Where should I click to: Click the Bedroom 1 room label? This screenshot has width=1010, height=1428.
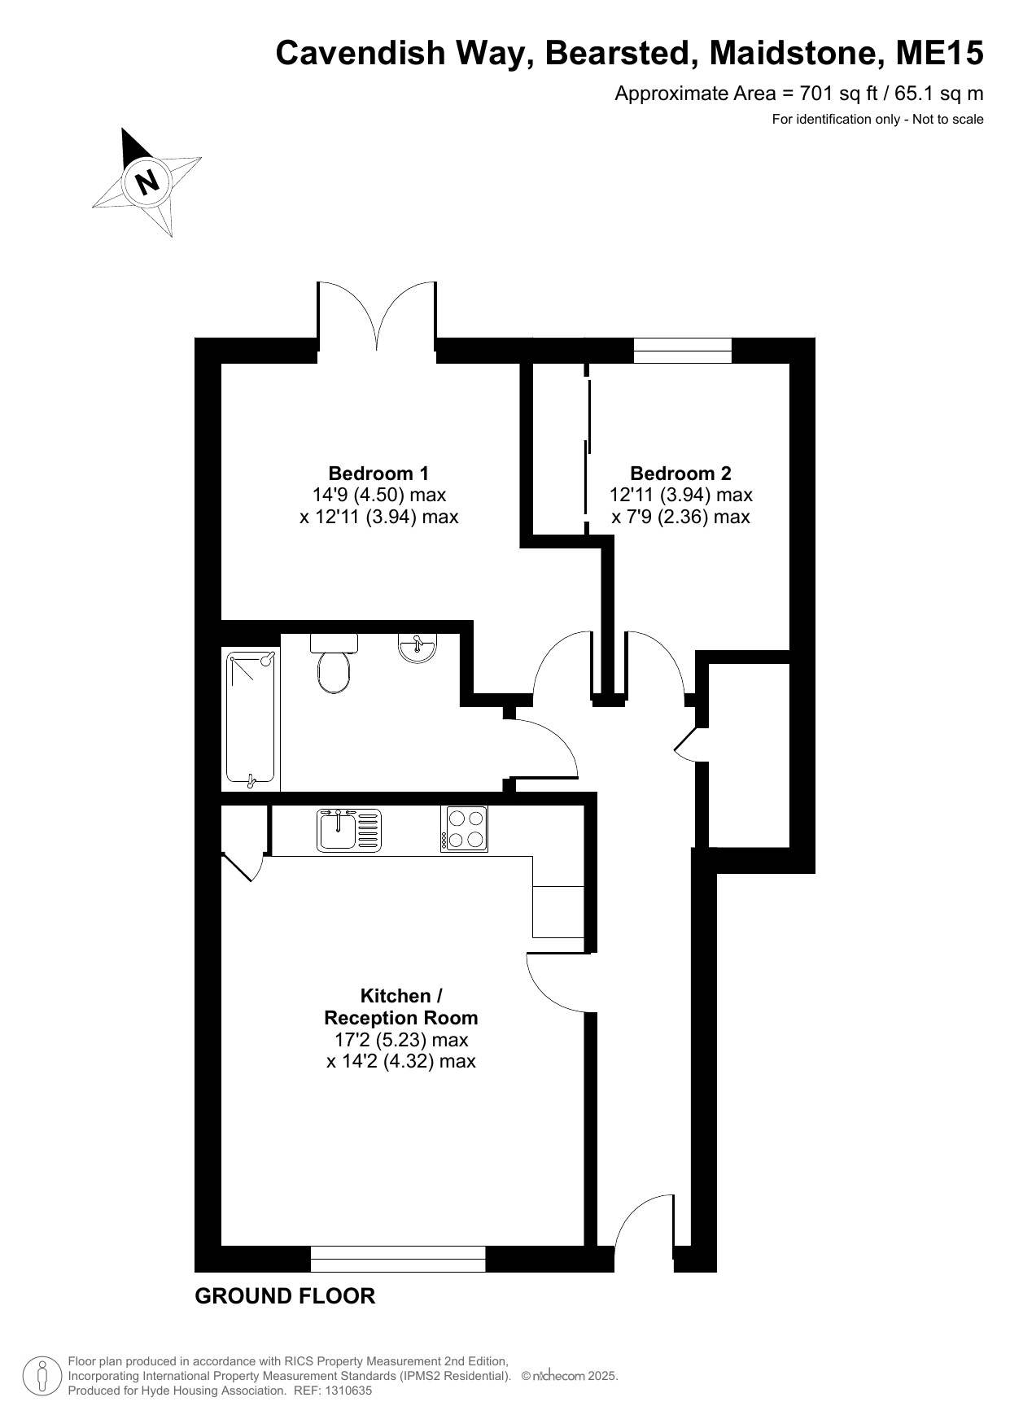[x=378, y=473]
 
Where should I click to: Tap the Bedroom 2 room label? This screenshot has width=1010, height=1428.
[x=680, y=473]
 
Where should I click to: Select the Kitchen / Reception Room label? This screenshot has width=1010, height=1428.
[x=401, y=1007]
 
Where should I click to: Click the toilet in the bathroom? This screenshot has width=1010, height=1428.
[x=334, y=663]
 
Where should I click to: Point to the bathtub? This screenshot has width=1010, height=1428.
[x=251, y=719]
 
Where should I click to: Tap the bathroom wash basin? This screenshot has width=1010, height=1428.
[x=418, y=648]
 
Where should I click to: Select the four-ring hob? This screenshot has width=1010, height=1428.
[x=465, y=829]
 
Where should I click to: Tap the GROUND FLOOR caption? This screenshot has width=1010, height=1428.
[x=285, y=1296]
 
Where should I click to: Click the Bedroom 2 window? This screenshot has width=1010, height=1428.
[x=683, y=351]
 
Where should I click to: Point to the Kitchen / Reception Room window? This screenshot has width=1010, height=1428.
[x=398, y=1259]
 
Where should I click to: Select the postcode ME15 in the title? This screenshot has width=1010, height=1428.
[x=940, y=53]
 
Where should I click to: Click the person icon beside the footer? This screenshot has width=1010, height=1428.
[x=43, y=1376]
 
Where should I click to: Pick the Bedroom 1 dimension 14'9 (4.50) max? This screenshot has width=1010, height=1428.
[x=379, y=495]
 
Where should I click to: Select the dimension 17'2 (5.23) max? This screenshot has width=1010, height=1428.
[x=401, y=1040]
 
